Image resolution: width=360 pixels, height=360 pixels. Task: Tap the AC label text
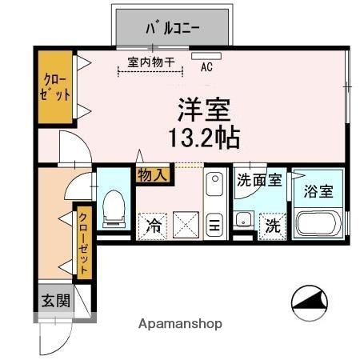(x=206, y=68)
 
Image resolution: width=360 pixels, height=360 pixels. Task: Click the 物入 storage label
(x=153, y=174)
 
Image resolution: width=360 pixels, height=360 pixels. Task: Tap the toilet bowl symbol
(x=114, y=205)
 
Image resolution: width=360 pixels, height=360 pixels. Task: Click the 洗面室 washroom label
(x=258, y=180)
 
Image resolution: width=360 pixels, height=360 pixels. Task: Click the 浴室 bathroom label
(x=318, y=191)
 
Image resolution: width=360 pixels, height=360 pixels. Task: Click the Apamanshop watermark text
(x=181, y=325)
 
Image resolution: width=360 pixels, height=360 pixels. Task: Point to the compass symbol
(x=310, y=303)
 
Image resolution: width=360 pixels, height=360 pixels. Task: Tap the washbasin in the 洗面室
(x=246, y=221)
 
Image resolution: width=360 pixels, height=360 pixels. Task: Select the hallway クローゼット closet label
(x=83, y=242)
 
